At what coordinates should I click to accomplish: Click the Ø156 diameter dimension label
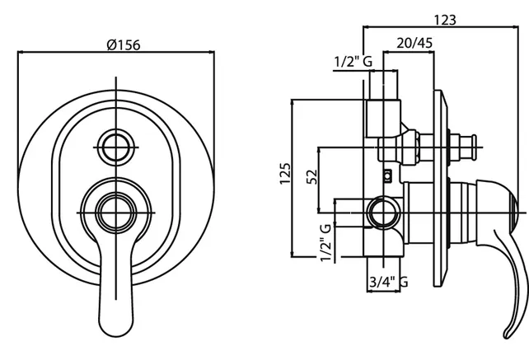click(x=124, y=44)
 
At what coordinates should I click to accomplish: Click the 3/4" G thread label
click(x=387, y=283)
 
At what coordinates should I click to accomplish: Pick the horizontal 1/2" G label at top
click(x=353, y=62)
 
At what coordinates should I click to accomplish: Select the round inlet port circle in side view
click(x=382, y=213)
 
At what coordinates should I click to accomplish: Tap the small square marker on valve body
click(x=386, y=175)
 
